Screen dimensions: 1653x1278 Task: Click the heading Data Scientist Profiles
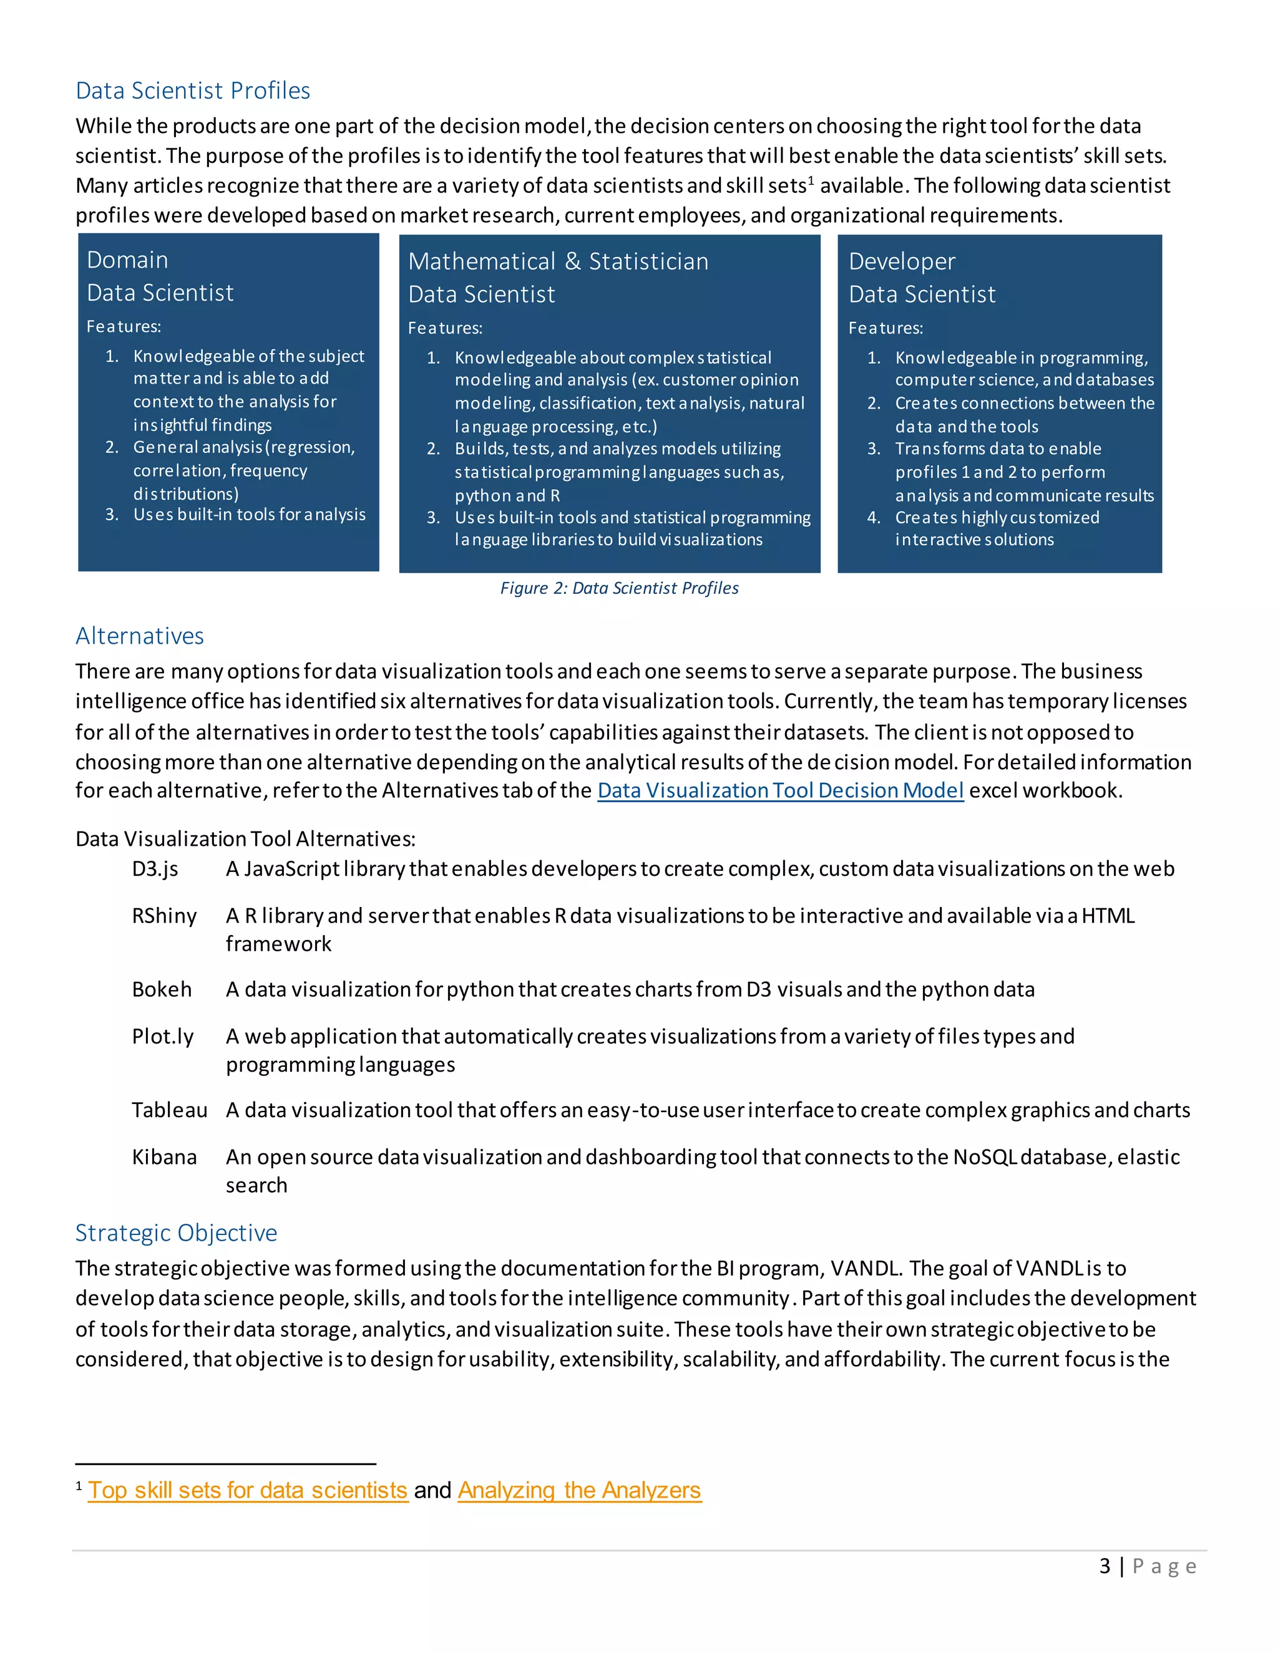point(192,91)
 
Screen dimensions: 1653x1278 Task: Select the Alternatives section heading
point(139,636)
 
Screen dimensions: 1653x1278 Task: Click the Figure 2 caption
point(618,588)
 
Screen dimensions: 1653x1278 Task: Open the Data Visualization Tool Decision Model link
point(780,790)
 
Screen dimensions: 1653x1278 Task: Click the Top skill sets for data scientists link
point(248,1490)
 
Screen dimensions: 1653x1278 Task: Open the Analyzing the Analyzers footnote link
point(579,1490)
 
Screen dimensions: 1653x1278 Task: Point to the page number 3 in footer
point(1105,1566)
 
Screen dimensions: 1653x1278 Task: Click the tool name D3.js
point(155,869)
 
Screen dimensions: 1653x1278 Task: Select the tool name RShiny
point(164,916)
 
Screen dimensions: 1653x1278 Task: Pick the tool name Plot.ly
point(163,1036)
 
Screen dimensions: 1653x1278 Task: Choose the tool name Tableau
point(169,1110)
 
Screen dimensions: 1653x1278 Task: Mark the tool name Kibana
point(164,1157)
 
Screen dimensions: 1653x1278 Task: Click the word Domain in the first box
point(127,259)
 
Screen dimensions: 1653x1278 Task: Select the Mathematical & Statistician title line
point(558,261)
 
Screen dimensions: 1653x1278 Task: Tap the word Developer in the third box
point(902,261)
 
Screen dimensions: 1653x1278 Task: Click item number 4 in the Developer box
point(874,518)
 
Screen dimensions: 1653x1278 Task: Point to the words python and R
point(507,496)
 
